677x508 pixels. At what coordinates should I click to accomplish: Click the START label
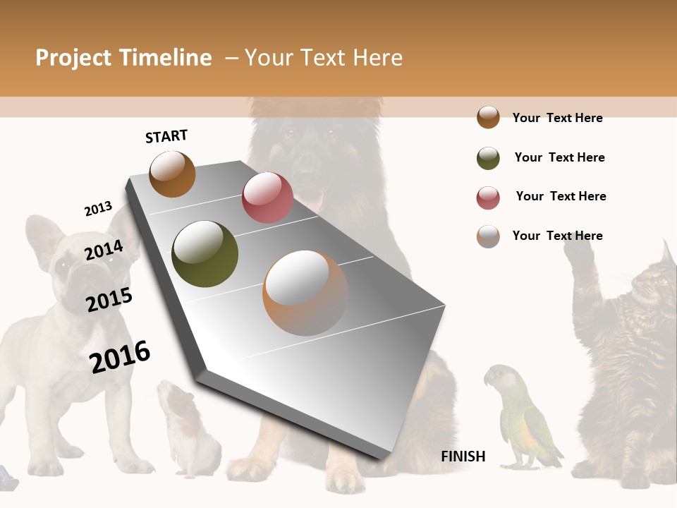point(166,136)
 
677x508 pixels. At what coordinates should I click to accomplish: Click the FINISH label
point(463,456)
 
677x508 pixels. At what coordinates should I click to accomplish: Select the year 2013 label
point(98,209)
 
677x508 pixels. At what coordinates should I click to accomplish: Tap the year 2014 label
point(104,250)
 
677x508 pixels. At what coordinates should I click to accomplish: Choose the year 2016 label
point(120,356)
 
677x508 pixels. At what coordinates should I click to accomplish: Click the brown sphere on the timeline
point(172,174)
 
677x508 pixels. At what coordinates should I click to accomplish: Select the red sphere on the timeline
point(267,198)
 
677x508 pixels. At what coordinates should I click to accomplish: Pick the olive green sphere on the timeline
point(205,254)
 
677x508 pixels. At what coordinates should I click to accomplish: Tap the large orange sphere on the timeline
point(305,293)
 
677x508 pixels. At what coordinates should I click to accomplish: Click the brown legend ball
point(488,117)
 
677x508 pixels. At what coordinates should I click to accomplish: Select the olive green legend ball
point(488,158)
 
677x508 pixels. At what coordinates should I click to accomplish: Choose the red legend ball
point(488,198)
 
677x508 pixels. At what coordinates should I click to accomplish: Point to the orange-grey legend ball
point(488,236)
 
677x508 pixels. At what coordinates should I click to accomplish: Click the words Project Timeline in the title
point(123,58)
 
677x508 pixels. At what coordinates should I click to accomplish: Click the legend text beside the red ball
point(561,196)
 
